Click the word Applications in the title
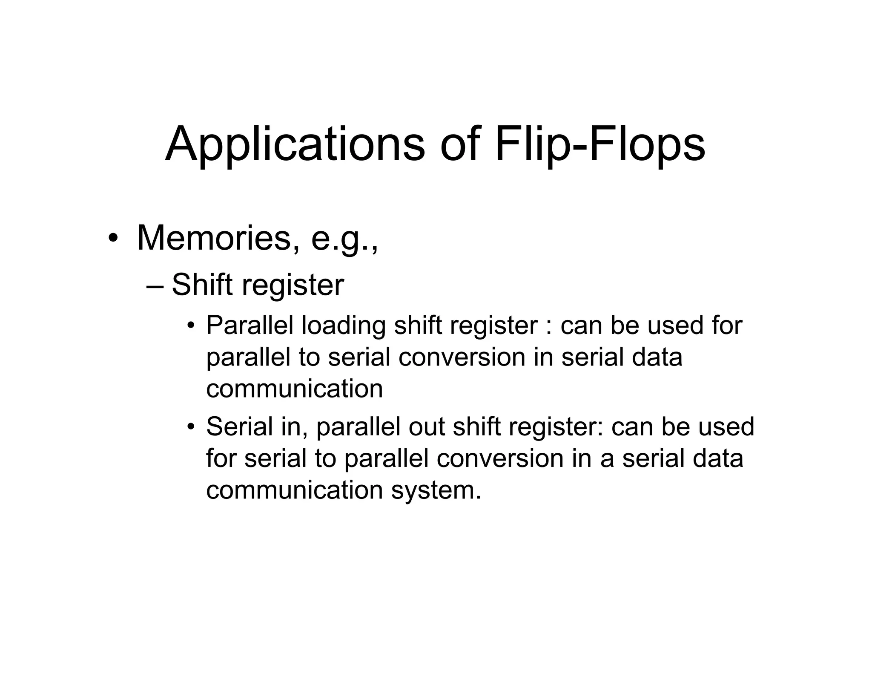(x=295, y=145)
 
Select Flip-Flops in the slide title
(x=600, y=145)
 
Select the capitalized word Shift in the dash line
(x=202, y=284)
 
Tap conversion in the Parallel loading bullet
(x=462, y=357)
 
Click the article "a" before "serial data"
(x=607, y=459)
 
